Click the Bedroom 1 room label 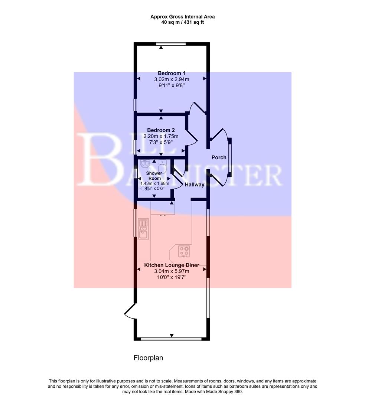pyautogui.click(x=171, y=73)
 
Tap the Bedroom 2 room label pyautogui.click(x=161, y=130)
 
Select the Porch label pyautogui.click(x=219, y=157)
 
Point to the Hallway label pyautogui.click(x=195, y=185)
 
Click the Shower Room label pyautogui.click(x=154, y=176)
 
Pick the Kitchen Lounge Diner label pyautogui.click(x=172, y=265)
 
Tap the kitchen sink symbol pyautogui.click(x=143, y=229)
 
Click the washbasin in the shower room pyautogui.click(x=145, y=164)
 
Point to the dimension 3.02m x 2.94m pyautogui.click(x=171, y=79)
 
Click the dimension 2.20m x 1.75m pyautogui.click(x=161, y=136)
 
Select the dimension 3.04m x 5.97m pyautogui.click(x=172, y=271)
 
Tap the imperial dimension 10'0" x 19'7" pyautogui.click(x=172, y=277)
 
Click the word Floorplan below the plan pyautogui.click(x=148, y=358)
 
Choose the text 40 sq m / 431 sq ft pyautogui.click(x=182, y=22)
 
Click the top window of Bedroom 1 pyautogui.click(x=171, y=44)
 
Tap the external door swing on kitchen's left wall pyautogui.click(x=129, y=311)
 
